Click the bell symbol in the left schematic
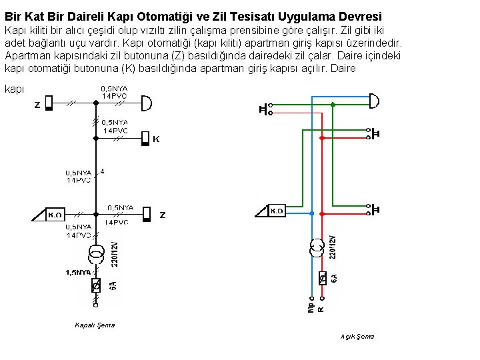[x=147, y=103]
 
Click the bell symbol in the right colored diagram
[x=373, y=101]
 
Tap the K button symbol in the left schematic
[x=145, y=139]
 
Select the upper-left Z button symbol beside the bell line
[x=49, y=104]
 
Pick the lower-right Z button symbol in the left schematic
[x=147, y=214]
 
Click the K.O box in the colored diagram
[x=277, y=211]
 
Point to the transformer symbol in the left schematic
[x=97, y=254]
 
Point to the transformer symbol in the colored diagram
[x=315, y=249]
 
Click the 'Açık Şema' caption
[x=357, y=336]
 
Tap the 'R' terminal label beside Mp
[x=321, y=309]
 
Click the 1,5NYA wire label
[x=78, y=272]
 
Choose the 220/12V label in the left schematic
[x=115, y=253]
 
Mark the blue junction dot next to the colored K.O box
[x=311, y=213]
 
